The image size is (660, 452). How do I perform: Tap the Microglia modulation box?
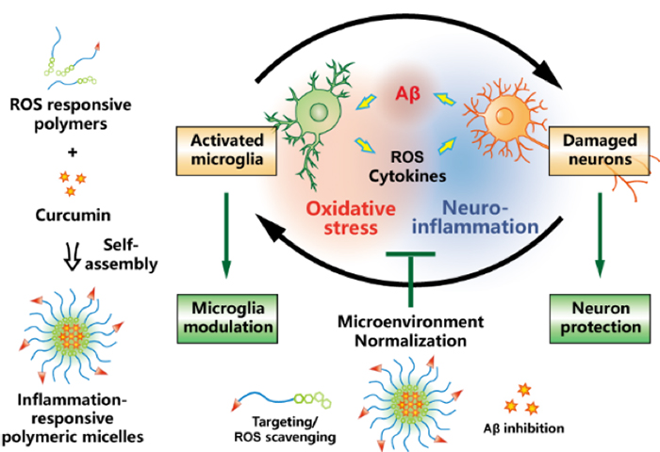(226, 317)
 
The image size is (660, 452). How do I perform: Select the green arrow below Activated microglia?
(226, 235)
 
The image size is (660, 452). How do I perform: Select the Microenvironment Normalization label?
(411, 331)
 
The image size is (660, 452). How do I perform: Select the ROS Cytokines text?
(406, 167)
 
